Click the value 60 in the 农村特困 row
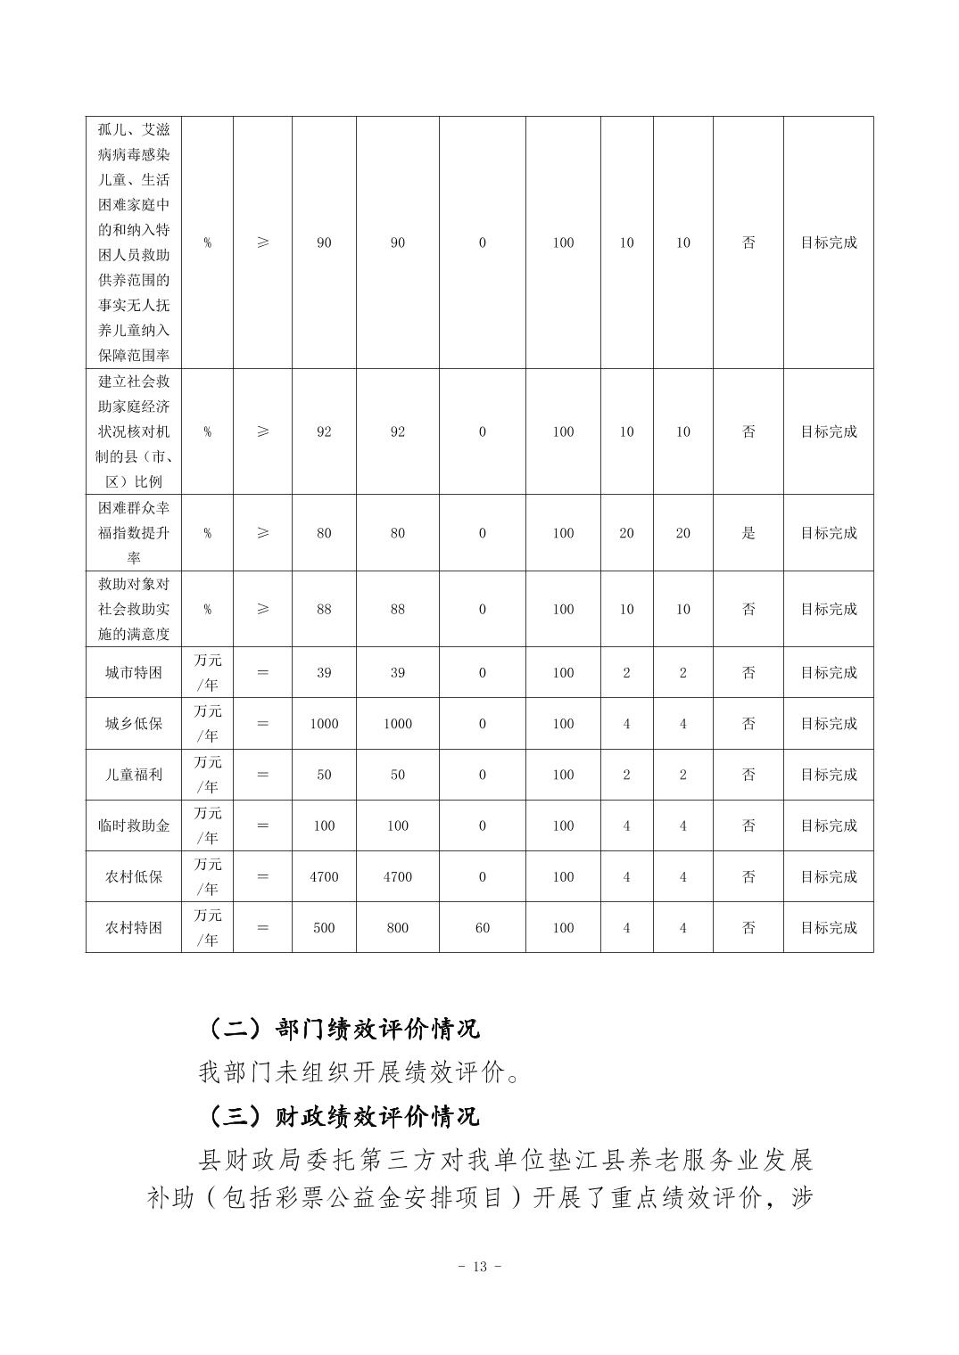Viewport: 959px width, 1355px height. pyautogui.click(x=483, y=928)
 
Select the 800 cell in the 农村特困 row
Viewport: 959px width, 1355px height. pyautogui.click(x=398, y=928)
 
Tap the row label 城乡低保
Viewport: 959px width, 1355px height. pyautogui.click(x=134, y=724)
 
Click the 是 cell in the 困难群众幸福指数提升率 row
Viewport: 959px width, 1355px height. pyautogui.click(x=748, y=533)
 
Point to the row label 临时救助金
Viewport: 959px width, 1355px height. pyautogui.click(x=134, y=825)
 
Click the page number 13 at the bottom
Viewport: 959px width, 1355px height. pyautogui.click(x=480, y=1267)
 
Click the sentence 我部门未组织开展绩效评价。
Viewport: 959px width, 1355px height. pyautogui.click(x=360, y=1072)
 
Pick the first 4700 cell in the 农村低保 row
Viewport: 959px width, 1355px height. pyautogui.click(x=324, y=877)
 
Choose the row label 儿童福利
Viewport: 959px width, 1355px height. pyautogui.click(x=134, y=775)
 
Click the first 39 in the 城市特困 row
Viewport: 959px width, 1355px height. pyautogui.click(x=324, y=673)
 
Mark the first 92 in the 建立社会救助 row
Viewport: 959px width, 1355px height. pyautogui.click(x=324, y=431)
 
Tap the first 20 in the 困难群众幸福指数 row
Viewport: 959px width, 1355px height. pyautogui.click(x=626, y=533)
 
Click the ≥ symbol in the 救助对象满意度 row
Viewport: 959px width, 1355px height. pyautogui.click(x=262, y=610)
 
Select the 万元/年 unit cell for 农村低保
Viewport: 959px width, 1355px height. pyautogui.click(x=208, y=877)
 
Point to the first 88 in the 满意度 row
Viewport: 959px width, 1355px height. pyautogui.click(x=324, y=610)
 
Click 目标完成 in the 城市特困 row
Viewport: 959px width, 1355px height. pyautogui.click(x=828, y=673)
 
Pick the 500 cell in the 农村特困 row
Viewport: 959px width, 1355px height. pyautogui.click(x=324, y=928)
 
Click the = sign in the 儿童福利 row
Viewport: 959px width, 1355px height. pyautogui.click(x=262, y=775)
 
